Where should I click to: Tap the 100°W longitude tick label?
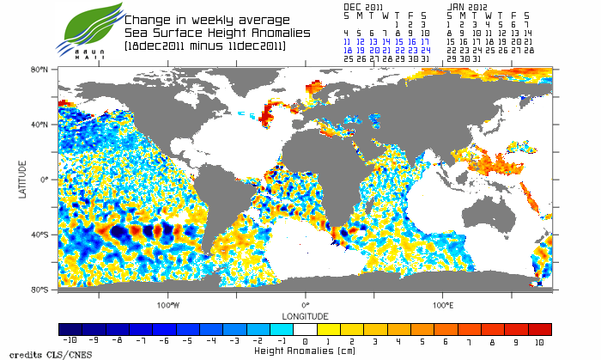coord(167,304)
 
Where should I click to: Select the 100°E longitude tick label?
coord(442,304)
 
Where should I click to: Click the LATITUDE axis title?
coord(23,179)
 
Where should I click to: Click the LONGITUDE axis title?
coord(305,314)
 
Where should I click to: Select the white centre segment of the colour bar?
coord(305,329)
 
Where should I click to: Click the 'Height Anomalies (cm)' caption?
coord(305,351)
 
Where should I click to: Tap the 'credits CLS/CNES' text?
coord(33,353)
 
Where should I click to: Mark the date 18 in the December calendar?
coord(346,50)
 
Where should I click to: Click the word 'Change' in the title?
coord(147,19)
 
